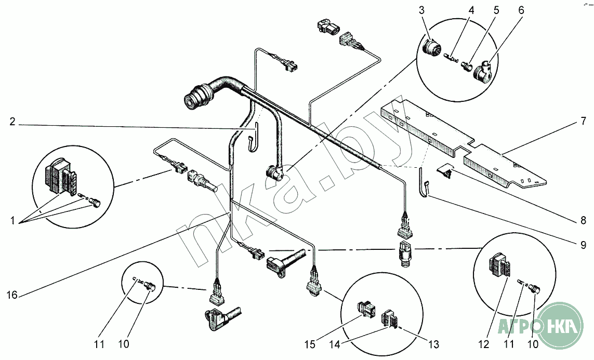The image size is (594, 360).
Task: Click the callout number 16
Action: tap(12, 294)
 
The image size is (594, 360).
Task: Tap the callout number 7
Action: tap(583, 122)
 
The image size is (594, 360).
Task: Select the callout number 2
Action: tap(12, 122)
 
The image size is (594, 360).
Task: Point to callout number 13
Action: tap(434, 344)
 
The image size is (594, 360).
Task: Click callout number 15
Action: tap(310, 344)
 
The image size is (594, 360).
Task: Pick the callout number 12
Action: tap(484, 344)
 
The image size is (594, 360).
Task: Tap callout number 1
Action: tap(12, 220)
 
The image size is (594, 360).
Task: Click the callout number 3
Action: tap(422, 10)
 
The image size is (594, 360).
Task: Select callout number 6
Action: tap(521, 10)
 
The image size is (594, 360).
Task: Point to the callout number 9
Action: tap(584, 245)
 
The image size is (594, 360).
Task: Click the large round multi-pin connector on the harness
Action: tap(198, 97)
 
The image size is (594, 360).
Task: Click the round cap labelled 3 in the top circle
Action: tap(432, 48)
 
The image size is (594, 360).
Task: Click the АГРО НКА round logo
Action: tap(560, 325)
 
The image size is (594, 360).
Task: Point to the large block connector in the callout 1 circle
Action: tap(61, 178)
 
